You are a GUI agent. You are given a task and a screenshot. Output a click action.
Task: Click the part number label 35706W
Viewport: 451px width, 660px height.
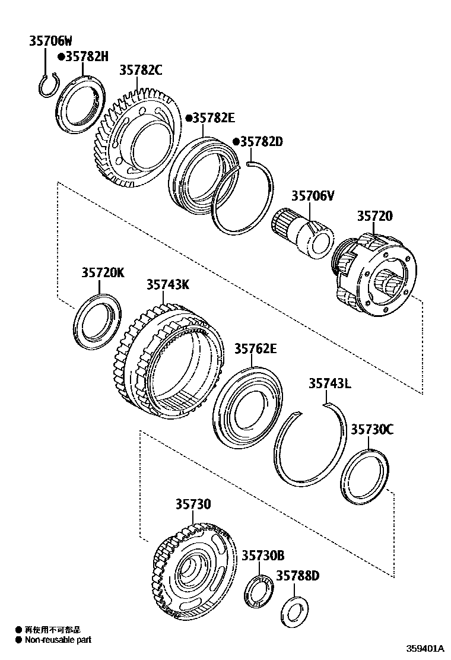50,41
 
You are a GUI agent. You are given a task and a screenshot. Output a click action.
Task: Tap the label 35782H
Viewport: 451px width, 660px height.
87,56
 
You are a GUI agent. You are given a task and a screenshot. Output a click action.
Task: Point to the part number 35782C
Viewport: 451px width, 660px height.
141,70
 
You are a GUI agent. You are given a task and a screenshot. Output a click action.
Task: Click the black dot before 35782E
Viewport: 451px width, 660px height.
188,118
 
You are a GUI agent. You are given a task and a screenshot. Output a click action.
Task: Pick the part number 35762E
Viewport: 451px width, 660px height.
255,349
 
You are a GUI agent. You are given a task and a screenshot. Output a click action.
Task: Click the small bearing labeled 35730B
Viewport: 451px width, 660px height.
258,591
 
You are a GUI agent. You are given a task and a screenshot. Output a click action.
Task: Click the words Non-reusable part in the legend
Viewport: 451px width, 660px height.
58,640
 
